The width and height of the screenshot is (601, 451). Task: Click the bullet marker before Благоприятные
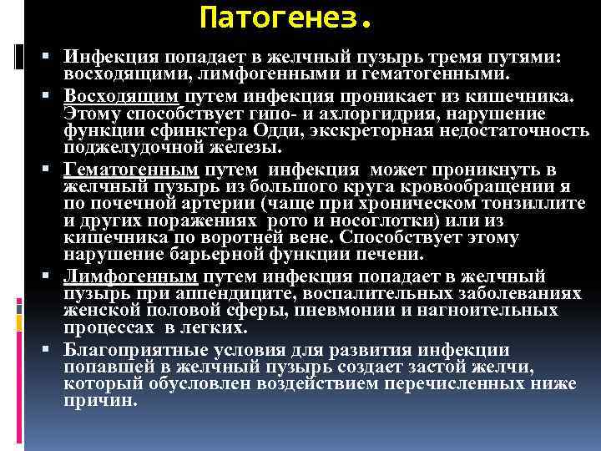click(53, 349)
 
